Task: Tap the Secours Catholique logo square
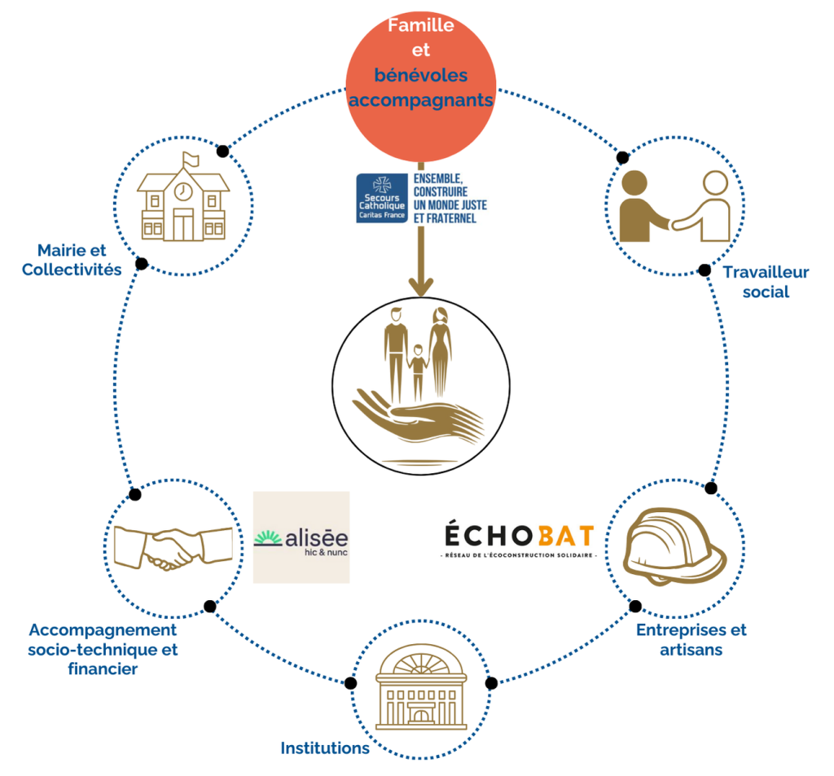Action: pos(381,198)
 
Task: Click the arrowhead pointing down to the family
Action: pos(420,285)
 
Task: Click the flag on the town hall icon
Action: pos(190,159)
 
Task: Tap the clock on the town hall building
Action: pos(183,191)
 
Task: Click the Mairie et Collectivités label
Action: pos(72,260)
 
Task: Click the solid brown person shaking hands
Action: pos(643,208)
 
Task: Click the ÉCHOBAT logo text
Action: pos(519,537)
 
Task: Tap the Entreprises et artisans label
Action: pos(691,639)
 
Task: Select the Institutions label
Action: pos(325,748)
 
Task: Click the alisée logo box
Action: pos(301,537)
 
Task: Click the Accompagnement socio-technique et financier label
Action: pos(103,649)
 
